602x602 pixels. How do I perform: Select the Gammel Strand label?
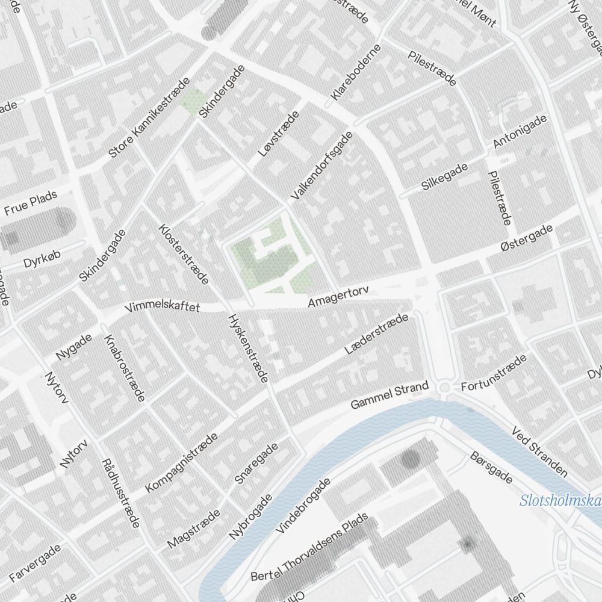tap(389, 396)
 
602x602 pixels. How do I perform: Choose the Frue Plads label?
tap(30, 203)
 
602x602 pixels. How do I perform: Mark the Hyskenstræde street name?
tap(247, 349)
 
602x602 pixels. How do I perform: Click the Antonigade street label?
tap(520, 131)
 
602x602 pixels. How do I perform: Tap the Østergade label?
tap(526, 240)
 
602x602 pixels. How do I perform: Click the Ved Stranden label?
tap(539, 451)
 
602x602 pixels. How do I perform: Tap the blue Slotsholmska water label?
tap(560, 501)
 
